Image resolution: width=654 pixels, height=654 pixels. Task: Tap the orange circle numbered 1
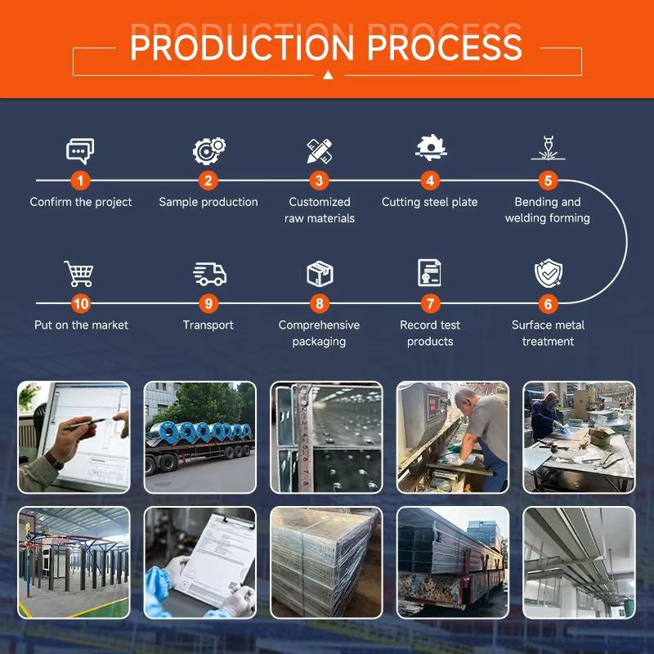click(x=80, y=181)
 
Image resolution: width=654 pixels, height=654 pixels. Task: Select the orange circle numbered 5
click(x=548, y=181)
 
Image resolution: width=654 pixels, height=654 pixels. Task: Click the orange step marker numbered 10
click(x=80, y=303)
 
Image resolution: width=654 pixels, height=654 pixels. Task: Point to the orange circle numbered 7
click(x=430, y=303)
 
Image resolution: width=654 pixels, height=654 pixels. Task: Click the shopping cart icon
click(x=79, y=273)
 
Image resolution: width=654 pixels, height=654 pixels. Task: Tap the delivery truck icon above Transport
click(x=208, y=274)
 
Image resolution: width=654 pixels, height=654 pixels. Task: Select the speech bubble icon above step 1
click(x=80, y=150)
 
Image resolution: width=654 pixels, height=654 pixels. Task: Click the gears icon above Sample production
click(x=208, y=150)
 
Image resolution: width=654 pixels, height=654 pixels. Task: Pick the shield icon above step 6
click(x=547, y=273)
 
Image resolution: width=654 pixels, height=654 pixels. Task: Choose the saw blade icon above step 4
click(x=430, y=148)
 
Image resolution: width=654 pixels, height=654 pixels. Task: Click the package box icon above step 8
click(x=319, y=273)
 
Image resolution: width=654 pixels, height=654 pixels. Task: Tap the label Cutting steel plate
click(x=430, y=202)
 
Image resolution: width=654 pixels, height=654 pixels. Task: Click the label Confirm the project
click(x=81, y=202)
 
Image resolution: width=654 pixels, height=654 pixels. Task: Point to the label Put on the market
click(x=81, y=325)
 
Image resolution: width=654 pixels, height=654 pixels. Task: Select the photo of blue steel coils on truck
click(x=200, y=437)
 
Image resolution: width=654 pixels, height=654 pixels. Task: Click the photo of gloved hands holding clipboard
click(x=200, y=562)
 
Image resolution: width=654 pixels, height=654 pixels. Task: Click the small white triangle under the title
click(x=327, y=74)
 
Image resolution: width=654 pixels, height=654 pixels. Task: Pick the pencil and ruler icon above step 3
click(x=319, y=150)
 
